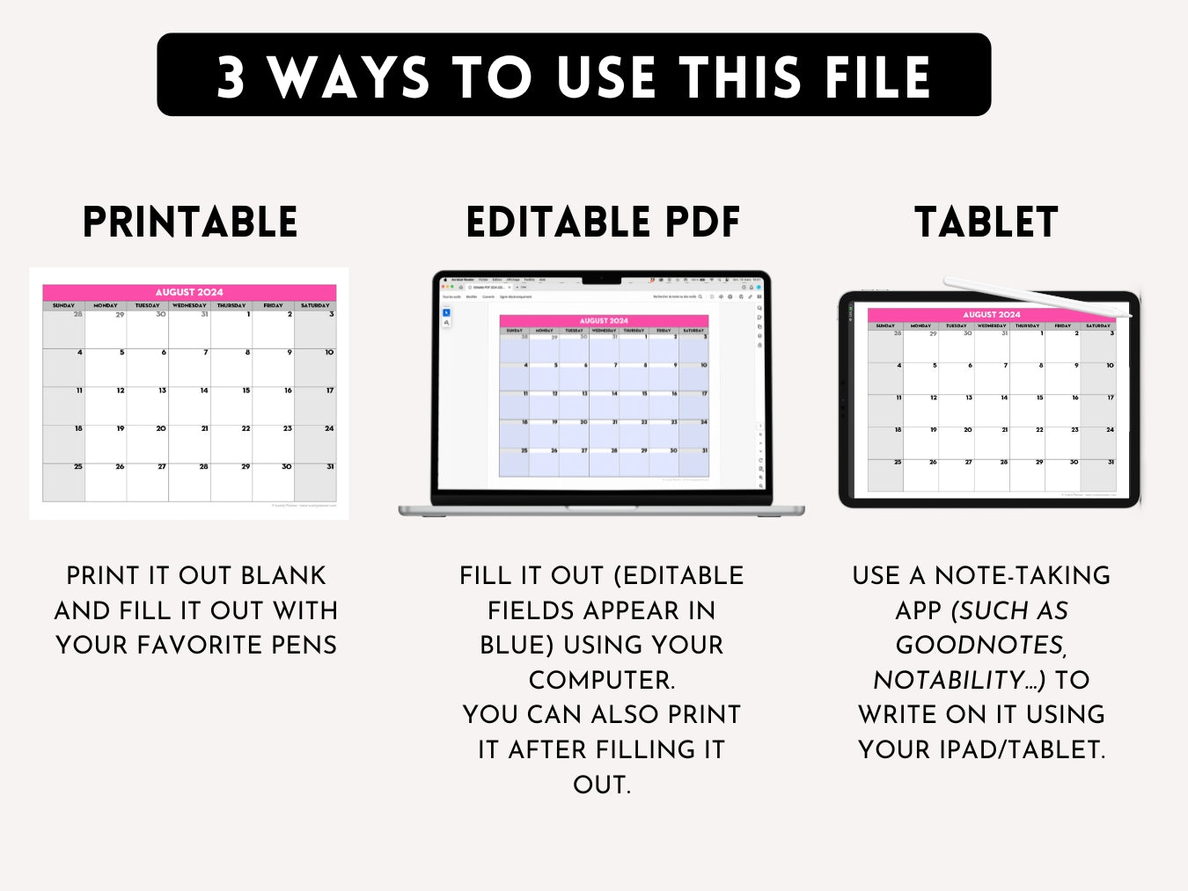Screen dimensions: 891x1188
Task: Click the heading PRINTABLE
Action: coord(190,223)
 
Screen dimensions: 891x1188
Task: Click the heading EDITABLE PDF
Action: coord(603,223)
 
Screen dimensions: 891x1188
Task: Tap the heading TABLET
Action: coord(986,223)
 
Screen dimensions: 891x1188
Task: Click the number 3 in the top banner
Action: coord(231,77)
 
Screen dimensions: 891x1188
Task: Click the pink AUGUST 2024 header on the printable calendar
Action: coord(189,292)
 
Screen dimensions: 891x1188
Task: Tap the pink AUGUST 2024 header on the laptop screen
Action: coord(604,321)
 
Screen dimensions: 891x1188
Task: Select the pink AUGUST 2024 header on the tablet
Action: coord(992,314)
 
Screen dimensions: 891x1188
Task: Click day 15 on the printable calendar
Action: coord(246,391)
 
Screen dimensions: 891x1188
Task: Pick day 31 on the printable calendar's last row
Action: coord(330,467)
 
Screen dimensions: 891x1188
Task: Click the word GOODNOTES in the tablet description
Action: coord(979,645)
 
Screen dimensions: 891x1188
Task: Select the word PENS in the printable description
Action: coord(304,645)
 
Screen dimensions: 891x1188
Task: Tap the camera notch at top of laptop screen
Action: coord(602,281)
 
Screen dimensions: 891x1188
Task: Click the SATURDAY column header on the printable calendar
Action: coord(315,305)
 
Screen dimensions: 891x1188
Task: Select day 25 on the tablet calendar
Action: coord(898,462)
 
